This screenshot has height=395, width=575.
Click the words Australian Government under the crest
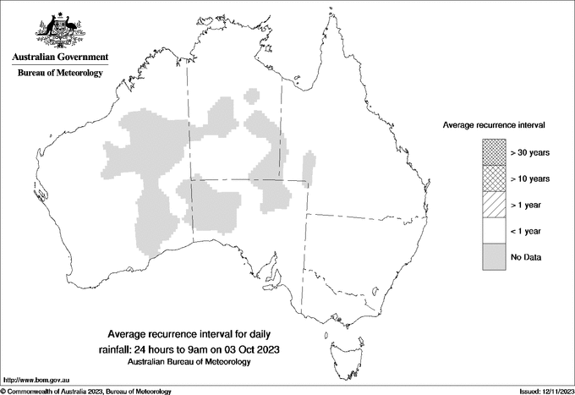tap(59, 58)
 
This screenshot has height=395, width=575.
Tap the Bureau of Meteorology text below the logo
tap(59, 74)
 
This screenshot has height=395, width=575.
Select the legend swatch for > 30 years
tap(492, 152)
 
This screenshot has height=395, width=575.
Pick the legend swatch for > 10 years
tap(492, 178)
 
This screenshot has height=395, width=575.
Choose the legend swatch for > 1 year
tap(492, 205)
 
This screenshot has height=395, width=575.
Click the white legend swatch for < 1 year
tap(492, 231)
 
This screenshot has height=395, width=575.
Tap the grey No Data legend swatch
tap(492, 257)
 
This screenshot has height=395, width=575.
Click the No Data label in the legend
tap(525, 257)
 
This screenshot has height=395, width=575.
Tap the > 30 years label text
tap(530, 152)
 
